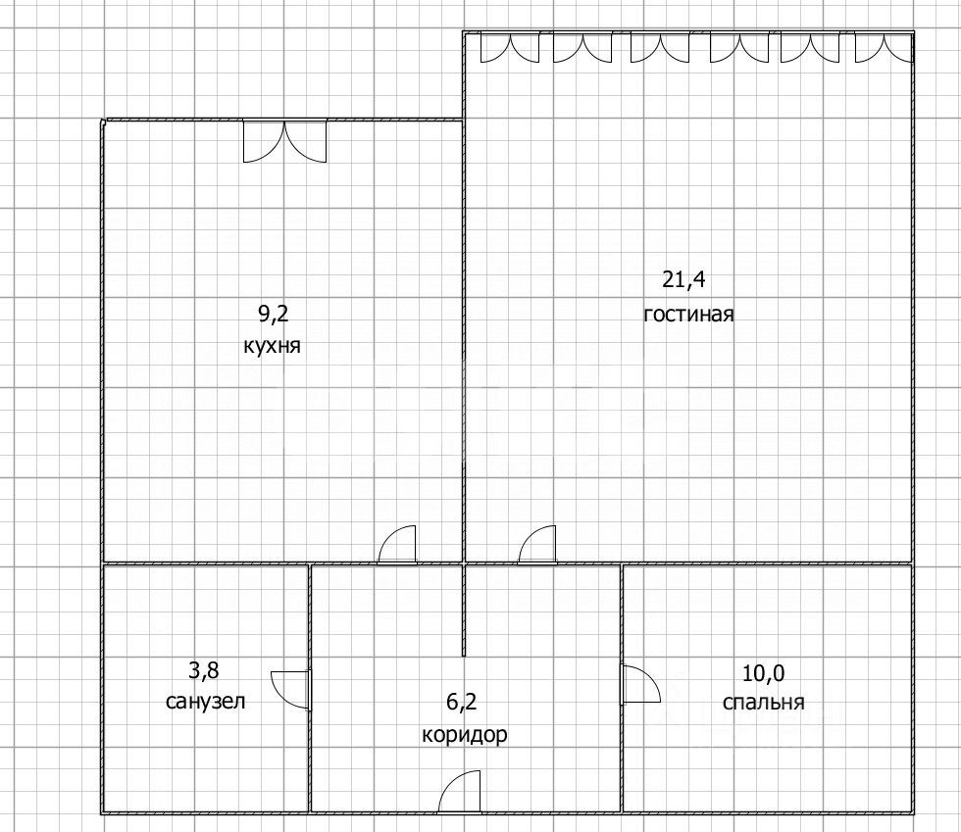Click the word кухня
point(271,346)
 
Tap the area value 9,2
point(274,315)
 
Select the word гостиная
point(689,315)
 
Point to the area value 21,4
point(684,280)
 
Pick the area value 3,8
point(204,671)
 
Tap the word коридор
point(465,735)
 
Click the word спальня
point(763,703)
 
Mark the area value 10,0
point(765,672)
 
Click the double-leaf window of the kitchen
point(284,140)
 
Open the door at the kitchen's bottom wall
point(398,545)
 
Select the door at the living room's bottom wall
point(537,545)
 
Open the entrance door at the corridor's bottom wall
point(461,792)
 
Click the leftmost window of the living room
point(509,48)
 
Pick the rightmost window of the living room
point(883,48)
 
